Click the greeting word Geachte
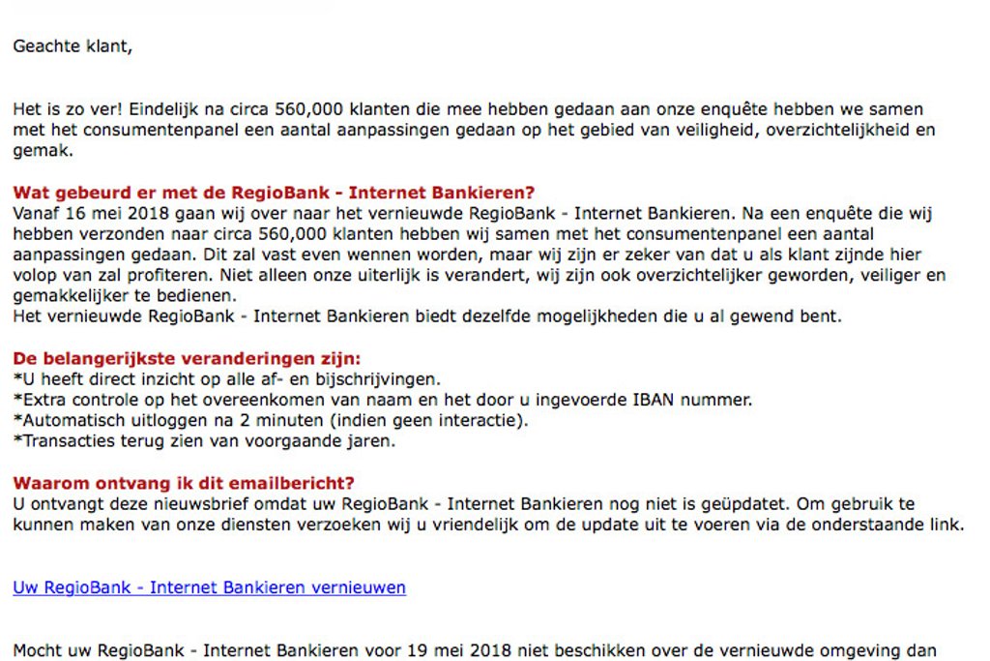[44, 45]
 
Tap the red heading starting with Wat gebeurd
[274, 193]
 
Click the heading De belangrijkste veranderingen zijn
[187, 359]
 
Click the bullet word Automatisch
[69, 421]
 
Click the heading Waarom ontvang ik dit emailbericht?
[184, 483]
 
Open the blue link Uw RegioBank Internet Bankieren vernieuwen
[209, 587]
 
